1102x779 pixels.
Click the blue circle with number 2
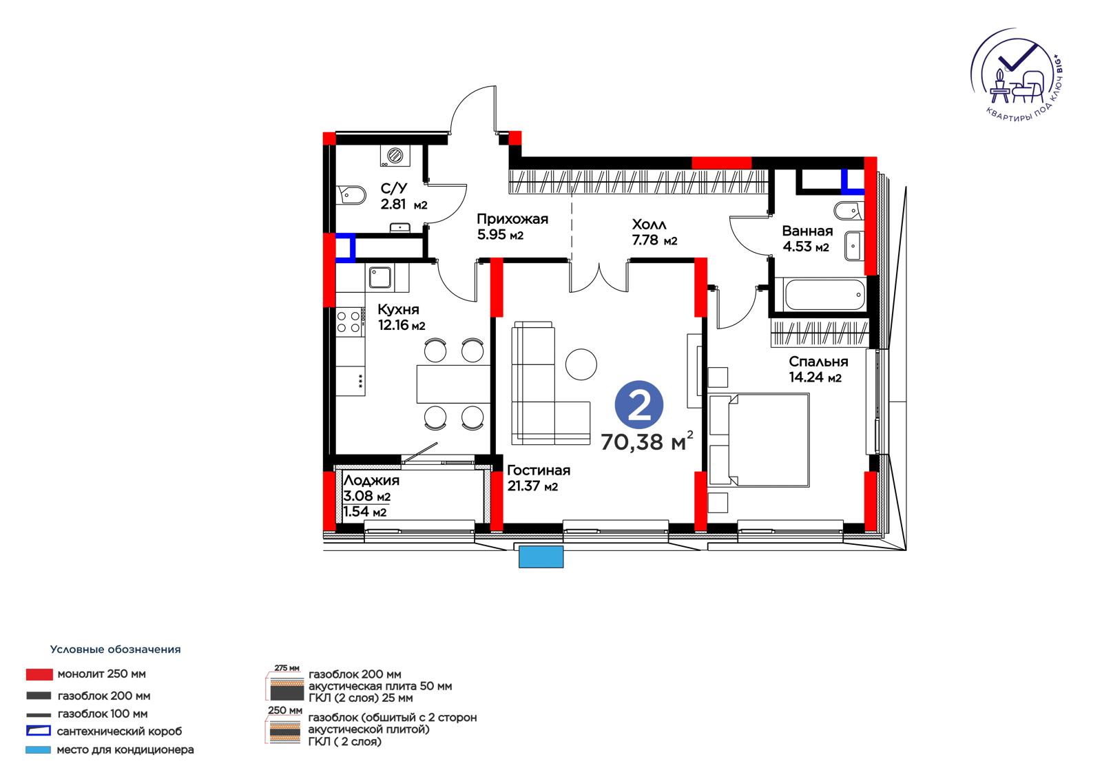pyautogui.click(x=639, y=404)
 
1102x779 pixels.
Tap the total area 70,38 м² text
pyautogui.click(x=647, y=442)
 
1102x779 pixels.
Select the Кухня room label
pyautogui.click(x=399, y=309)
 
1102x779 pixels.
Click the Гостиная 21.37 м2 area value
pyautogui.click(x=533, y=486)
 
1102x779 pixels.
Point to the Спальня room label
pyautogui.click(x=818, y=362)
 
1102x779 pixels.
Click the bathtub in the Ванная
pyautogui.click(x=825, y=295)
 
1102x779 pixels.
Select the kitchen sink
pyautogui.click(x=380, y=278)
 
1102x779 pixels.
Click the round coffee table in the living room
pyautogui.click(x=581, y=364)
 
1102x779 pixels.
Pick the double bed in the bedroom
pyautogui.click(x=759, y=440)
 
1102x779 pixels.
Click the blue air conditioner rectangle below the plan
pyautogui.click(x=541, y=557)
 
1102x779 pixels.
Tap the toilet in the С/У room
pyautogui.click(x=351, y=195)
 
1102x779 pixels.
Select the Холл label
pyautogui.click(x=649, y=225)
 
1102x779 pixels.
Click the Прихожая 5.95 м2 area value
pyautogui.click(x=500, y=235)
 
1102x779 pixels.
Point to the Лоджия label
pyautogui.click(x=371, y=480)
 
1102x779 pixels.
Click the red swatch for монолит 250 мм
pyautogui.click(x=39, y=675)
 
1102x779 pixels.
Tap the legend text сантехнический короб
pyautogui.click(x=120, y=731)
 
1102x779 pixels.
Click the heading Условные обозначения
pyautogui.click(x=116, y=650)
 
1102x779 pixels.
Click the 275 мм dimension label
pyautogui.click(x=287, y=668)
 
